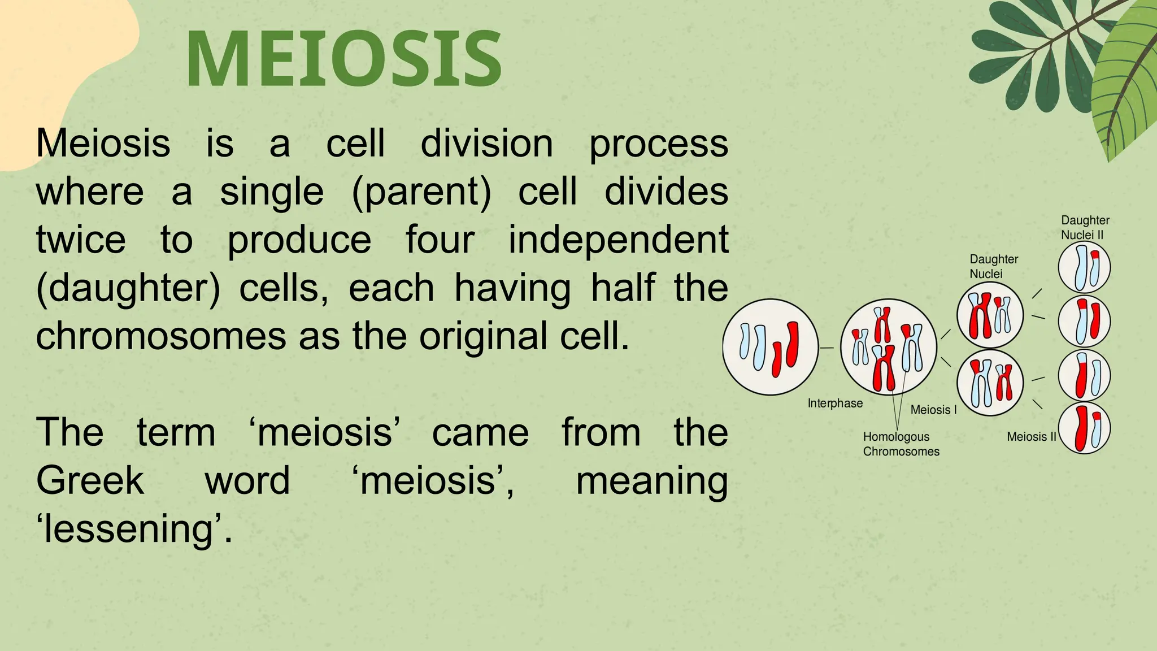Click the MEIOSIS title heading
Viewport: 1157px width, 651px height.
[x=343, y=59]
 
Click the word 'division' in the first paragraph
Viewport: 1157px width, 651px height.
[x=486, y=144]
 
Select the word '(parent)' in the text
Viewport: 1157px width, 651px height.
[x=421, y=192]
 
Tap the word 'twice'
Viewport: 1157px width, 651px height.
[x=81, y=240]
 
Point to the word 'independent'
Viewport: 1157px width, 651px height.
[x=618, y=240]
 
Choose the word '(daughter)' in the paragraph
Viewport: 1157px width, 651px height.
[x=128, y=288]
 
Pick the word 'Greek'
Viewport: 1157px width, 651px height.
[x=90, y=481]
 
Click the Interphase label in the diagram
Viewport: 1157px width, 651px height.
[x=835, y=403]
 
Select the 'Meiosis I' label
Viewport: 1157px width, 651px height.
[x=933, y=410]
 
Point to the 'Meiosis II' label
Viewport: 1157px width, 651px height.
[x=1031, y=437]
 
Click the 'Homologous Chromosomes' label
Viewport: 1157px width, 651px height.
[x=901, y=444]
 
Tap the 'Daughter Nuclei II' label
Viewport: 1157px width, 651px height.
[x=1085, y=228]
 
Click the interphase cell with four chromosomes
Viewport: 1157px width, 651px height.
[x=770, y=347]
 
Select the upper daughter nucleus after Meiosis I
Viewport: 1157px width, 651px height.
[x=990, y=315]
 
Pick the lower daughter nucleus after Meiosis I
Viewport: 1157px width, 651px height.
[x=990, y=383]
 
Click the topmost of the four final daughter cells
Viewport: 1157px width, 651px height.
[x=1084, y=267]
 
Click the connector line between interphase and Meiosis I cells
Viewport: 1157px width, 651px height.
[x=827, y=348]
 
